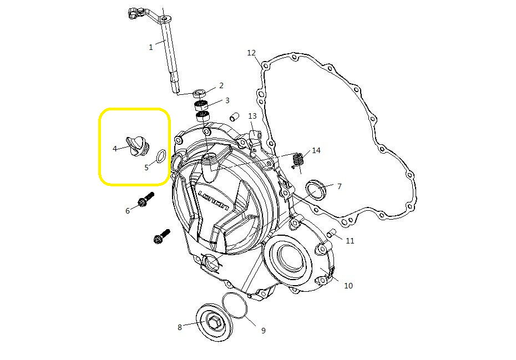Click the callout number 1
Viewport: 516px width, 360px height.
pos(150,48)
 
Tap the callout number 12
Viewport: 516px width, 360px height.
pos(251,53)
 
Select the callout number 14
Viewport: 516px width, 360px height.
pos(316,150)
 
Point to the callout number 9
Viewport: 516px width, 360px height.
pos(263,331)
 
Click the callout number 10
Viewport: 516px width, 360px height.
pos(348,286)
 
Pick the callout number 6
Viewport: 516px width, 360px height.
pos(127,211)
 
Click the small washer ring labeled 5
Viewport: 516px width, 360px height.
pos(159,156)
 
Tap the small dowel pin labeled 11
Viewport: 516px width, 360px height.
pos(331,234)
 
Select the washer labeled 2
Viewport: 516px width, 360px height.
pos(200,92)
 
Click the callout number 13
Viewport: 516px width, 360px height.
pos(252,116)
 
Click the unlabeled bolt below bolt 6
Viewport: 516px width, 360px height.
pos(161,237)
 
